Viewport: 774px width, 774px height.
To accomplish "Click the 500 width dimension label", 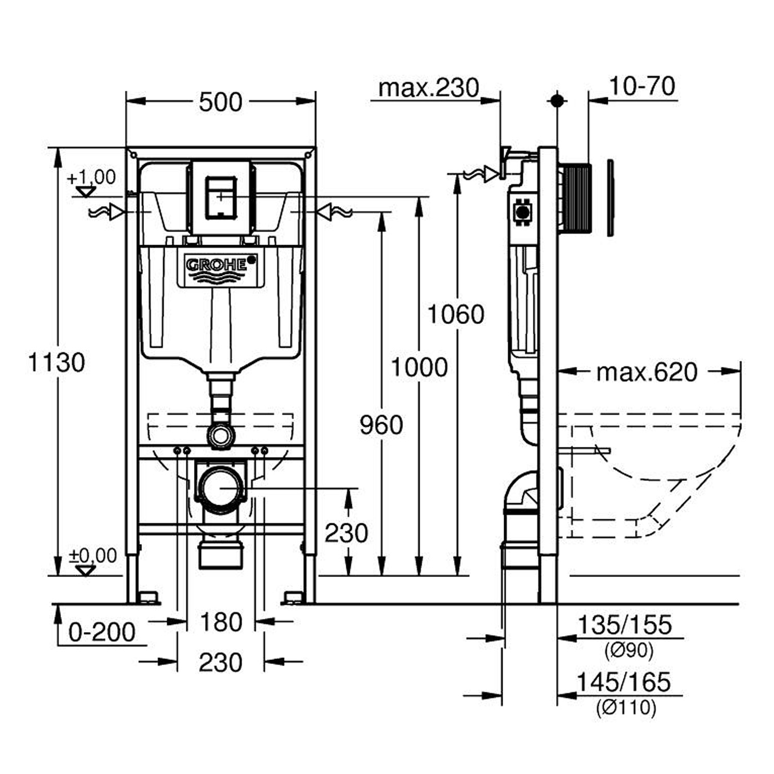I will coord(220,102).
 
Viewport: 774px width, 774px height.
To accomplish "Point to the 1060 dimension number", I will coord(456,314).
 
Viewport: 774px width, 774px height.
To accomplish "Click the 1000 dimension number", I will coord(419,367).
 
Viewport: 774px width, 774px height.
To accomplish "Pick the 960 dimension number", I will coord(381,425).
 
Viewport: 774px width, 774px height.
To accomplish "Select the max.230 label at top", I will coord(428,88).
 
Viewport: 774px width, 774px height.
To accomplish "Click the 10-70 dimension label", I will coord(642,86).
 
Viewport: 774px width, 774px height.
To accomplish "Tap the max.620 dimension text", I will coord(647,372).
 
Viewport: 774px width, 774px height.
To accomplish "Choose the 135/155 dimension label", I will coord(625,625).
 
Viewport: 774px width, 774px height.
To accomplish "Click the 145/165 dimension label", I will coord(624,682).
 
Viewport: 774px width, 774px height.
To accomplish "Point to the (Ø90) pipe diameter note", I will coord(628,650).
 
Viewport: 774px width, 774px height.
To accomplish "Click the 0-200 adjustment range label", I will coord(102,632).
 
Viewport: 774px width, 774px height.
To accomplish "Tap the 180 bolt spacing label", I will coord(221,622).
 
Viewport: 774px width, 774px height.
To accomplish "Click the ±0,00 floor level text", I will coord(93,556).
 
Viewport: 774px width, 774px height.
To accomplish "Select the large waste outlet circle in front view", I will coord(220,487).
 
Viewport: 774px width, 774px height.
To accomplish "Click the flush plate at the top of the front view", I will coord(221,196).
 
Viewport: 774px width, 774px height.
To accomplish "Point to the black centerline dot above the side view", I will coord(557,100).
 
